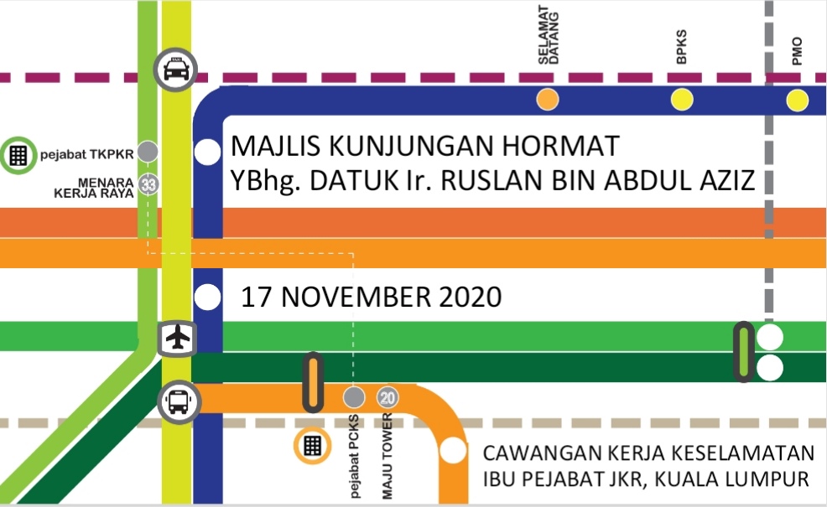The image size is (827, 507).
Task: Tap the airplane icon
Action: point(177,339)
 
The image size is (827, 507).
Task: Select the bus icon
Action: point(178,401)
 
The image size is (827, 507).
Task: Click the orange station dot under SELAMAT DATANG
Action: point(548,100)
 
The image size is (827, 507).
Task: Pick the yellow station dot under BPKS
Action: point(682,101)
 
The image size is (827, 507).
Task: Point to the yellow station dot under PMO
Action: point(797,101)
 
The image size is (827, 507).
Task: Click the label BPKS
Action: point(681,49)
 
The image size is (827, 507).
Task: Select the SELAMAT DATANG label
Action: point(549,39)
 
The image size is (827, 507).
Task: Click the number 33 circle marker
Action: point(149,185)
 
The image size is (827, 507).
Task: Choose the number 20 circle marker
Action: point(387,396)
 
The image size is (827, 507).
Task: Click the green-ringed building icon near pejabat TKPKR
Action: point(18,154)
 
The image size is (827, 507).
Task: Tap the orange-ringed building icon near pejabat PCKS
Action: point(313,445)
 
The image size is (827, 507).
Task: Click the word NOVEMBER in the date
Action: point(348,297)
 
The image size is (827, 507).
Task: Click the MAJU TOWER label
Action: point(388,456)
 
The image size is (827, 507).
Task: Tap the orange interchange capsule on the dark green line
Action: point(313,382)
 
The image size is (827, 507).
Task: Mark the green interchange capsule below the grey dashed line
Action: point(742,352)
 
